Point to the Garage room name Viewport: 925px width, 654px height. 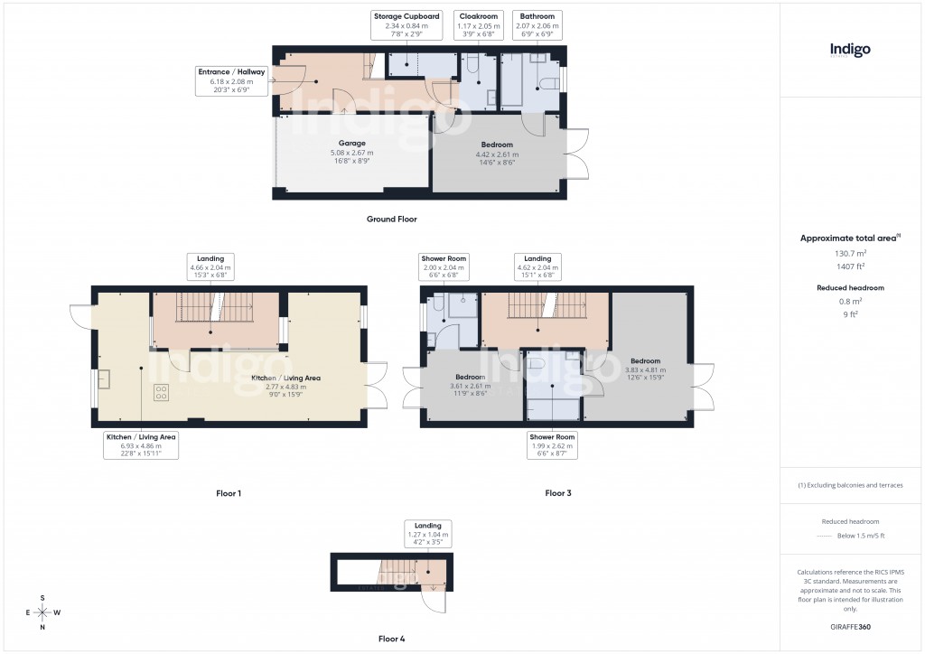pos(351,144)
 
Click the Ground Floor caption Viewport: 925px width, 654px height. pos(392,220)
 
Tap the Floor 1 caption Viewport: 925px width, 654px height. pos(228,493)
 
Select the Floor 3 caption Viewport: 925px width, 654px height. pos(557,493)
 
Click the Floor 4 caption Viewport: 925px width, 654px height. pos(391,639)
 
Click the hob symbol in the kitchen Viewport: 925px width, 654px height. pos(162,392)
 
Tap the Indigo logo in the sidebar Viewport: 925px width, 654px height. pos(850,51)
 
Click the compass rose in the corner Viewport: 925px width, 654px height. pos(42,612)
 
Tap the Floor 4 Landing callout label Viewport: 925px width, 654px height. pos(428,536)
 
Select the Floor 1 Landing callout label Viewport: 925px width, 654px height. pos(210,268)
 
